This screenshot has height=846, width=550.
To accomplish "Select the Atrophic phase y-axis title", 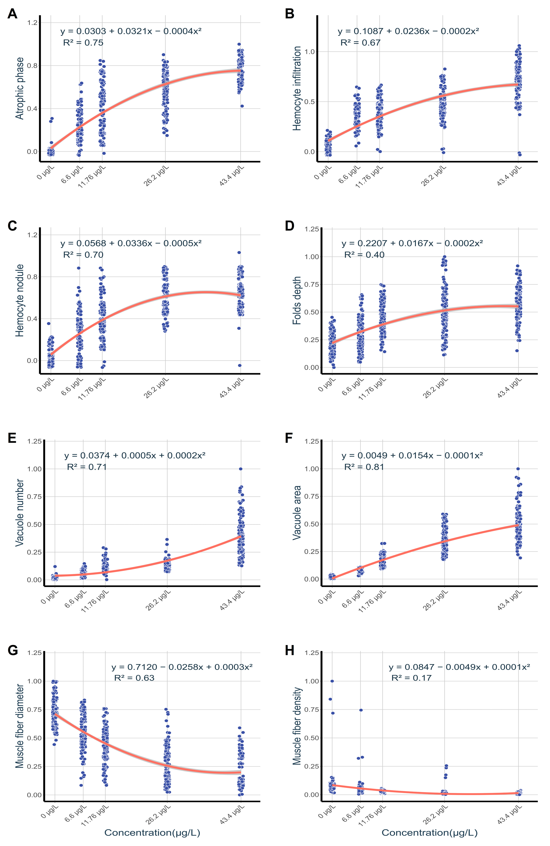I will click(20, 88).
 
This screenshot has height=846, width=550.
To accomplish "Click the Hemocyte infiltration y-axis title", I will click(297, 88).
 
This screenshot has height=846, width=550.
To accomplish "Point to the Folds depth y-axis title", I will click(297, 300).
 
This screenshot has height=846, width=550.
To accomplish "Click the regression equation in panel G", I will click(182, 667).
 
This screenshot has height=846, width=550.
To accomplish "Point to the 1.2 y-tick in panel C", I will click(32, 235).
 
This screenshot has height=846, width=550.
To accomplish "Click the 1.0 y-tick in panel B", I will click(310, 52).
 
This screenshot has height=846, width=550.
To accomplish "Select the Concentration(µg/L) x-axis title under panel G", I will click(152, 832).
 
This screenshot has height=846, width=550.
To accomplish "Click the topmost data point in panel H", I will click(332, 681).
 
